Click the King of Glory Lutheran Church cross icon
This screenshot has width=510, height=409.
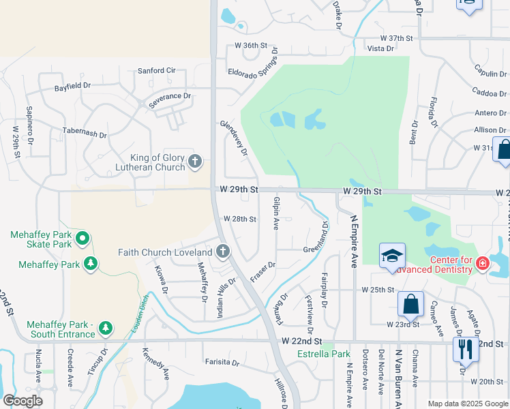point(195,162)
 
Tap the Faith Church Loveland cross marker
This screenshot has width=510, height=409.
point(222,252)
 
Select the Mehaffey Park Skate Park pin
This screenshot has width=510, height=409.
point(82,239)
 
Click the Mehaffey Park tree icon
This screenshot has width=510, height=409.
point(90,263)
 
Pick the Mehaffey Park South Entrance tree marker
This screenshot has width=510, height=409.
point(105,329)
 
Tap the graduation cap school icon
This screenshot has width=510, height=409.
point(392,256)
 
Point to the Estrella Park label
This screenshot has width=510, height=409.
point(324,354)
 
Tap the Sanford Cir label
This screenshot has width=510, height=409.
point(157,70)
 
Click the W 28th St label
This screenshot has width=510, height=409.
point(240,219)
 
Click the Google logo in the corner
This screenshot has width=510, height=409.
point(23,401)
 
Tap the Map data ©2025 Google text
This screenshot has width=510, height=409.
point(467,404)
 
